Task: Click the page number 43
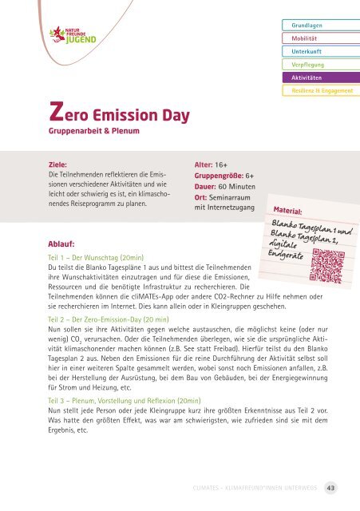(340, 485)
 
